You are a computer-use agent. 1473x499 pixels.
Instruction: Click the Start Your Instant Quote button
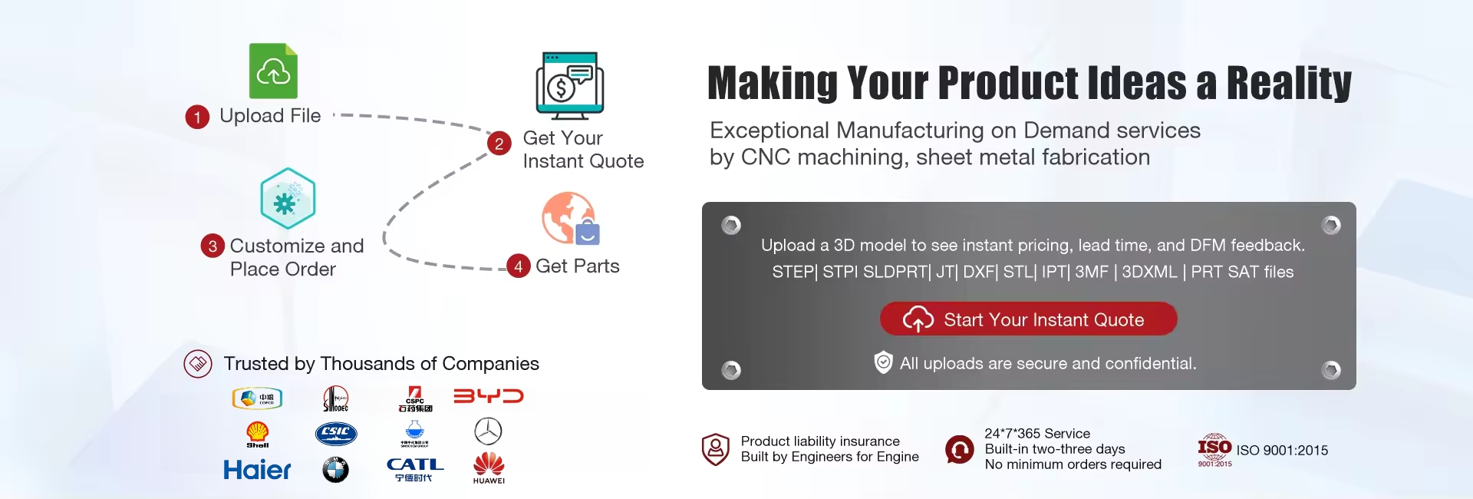(x=1028, y=319)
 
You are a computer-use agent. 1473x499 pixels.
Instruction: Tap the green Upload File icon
(x=273, y=71)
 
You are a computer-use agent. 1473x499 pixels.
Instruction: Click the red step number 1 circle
(x=197, y=117)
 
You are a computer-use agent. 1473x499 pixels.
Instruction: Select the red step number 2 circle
(x=499, y=144)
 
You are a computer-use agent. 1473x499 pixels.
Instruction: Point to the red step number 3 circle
(x=213, y=246)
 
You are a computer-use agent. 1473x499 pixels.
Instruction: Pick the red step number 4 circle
(x=519, y=266)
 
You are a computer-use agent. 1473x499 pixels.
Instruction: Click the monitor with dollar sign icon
(x=569, y=86)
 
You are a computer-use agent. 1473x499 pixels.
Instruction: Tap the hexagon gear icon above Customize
(x=288, y=199)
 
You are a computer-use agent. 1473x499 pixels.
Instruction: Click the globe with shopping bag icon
(x=570, y=219)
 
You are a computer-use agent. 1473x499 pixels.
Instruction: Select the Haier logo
(x=257, y=470)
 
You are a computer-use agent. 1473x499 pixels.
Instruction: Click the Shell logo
(x=258, y=434)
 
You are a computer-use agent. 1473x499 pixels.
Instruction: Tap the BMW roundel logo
(x=335, y=469)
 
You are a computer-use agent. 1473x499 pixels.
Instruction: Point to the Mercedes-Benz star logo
(x=488, y=431)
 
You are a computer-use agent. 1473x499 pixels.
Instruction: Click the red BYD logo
(x=489, y=396)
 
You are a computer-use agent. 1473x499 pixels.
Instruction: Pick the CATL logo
(x=414, y=469)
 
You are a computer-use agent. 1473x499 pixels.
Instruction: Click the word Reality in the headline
(x=1289, y=83)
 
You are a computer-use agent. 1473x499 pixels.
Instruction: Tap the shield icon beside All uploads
(x=884, y=362)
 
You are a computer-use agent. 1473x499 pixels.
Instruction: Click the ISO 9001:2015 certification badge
(x=1214, y=451)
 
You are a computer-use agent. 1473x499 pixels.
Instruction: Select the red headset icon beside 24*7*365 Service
(x=959, y=449)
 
